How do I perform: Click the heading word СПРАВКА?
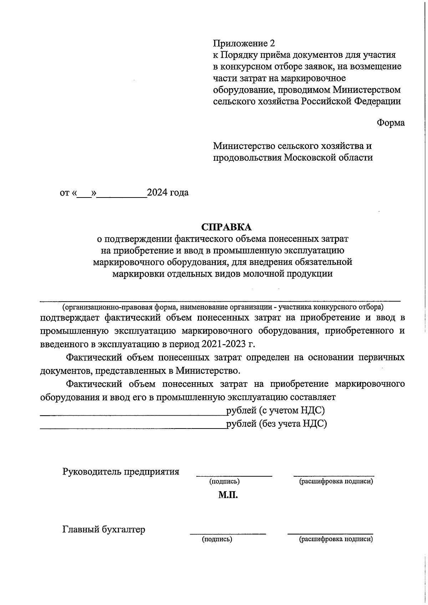pos(226,227)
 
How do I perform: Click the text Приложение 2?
pos(244,43)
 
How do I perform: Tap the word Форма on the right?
pos(391,123)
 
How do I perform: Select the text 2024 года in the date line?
pos(168,193)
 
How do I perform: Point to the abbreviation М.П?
pos(228,495)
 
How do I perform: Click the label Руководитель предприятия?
pos(121,472)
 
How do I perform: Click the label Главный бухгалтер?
pos(104,529)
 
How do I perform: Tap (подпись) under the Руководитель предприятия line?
pos(224,482)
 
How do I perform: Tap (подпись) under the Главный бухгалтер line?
pos(217,539)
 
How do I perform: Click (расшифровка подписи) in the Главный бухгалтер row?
pos(336,539)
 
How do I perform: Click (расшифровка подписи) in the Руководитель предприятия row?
pos(336,482)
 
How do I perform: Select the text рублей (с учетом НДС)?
pos(275,410)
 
